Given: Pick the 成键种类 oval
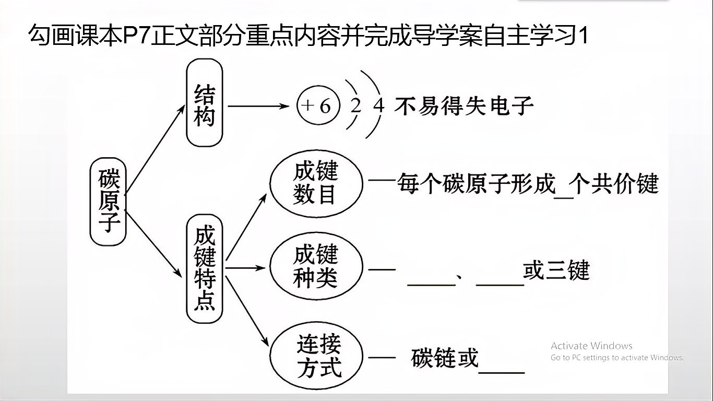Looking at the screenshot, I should click(315, 267).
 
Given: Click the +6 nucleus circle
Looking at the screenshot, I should click(316, 106).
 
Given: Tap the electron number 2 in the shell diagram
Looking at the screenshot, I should click(356, 106).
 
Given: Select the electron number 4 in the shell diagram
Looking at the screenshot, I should click(379, 106).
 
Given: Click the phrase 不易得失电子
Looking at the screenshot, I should click(464, 106).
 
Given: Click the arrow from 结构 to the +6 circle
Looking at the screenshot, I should click(258, 106).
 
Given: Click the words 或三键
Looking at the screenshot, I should click(556, 271).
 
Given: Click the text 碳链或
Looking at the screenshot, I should click(444, 358).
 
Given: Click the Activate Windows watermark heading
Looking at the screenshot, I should click(591, 346).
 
